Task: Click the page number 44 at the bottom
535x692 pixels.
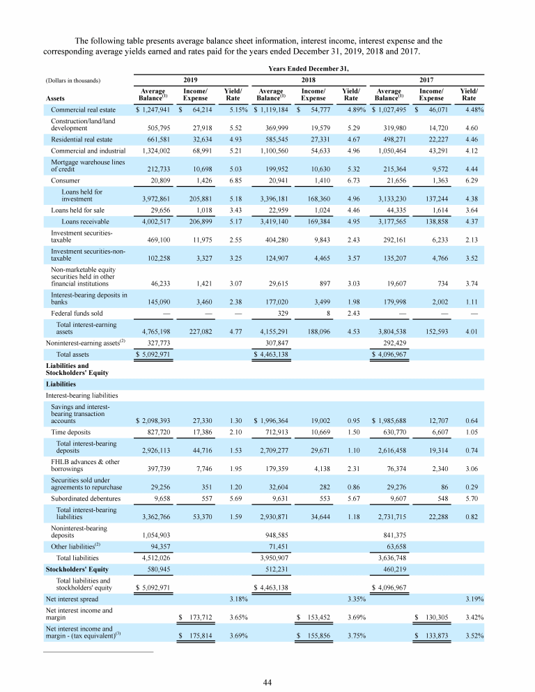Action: click(x=267, y=682)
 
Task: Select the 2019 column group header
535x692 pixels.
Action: click(x=189, y=80)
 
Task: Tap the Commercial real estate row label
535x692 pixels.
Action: click(x=84, y=109)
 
